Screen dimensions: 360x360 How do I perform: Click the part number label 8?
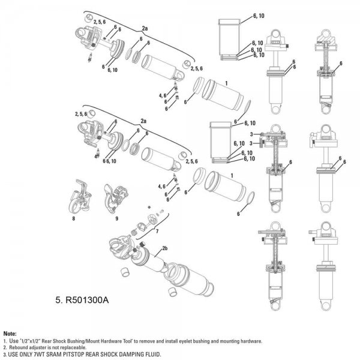click(x=73, y=218)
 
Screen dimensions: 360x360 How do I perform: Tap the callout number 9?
click(x=116, y=218)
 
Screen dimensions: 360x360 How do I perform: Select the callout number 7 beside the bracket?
click(x=157, y=231)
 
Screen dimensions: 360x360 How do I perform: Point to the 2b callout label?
click(x=164, y=248)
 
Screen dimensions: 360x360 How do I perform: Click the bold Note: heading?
click(x=10, y=334)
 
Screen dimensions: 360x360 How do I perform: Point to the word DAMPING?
click(x=134, y=354)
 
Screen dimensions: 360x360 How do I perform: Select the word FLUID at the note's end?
click(x=154, y=354)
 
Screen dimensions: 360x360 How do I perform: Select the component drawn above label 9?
click(x=115, y=198)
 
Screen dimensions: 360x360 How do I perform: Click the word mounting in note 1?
click(x=230, y=341)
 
